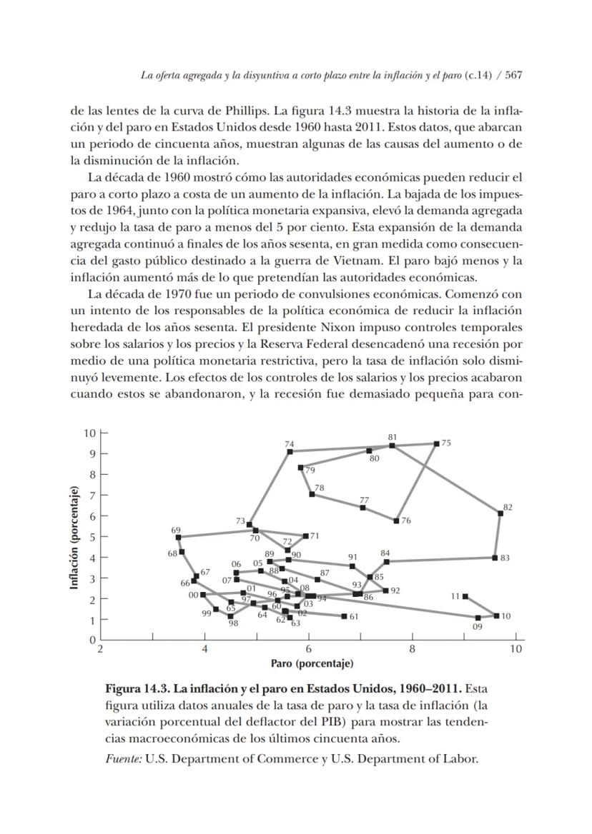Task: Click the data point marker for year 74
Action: point(290,451)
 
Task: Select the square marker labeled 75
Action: point(436,443)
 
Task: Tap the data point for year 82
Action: point(500,513)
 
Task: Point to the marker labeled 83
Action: point(495,558)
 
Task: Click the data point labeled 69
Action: point(178,537)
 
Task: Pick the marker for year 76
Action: point(396,521)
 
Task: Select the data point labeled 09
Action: point(478,618)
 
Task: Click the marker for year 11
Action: point(465,596)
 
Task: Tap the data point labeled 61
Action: point(344,616)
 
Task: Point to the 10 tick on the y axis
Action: point(89,433)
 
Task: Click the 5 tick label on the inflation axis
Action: point(92,536)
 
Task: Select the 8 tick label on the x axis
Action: point(413,650)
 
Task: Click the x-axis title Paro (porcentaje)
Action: point(312,664)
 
